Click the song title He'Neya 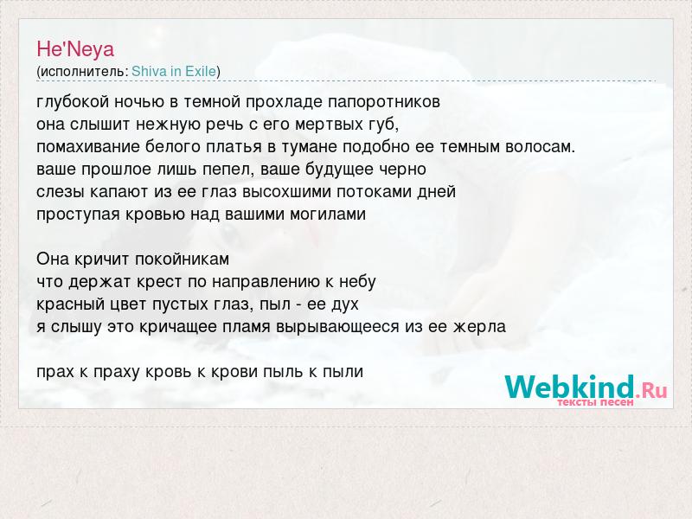[x=75, y=49]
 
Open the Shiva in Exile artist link [x=174, y=71]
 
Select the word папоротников [x=384, y=102]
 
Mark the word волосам [x=540, y=146]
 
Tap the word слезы [x=61, y=191]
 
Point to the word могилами [x=328, y=214]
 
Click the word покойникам [x=182, y=259]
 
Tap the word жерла [x=479, y=327]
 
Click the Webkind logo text [x=586, y=388]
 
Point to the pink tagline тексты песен [x=595, y=402]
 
